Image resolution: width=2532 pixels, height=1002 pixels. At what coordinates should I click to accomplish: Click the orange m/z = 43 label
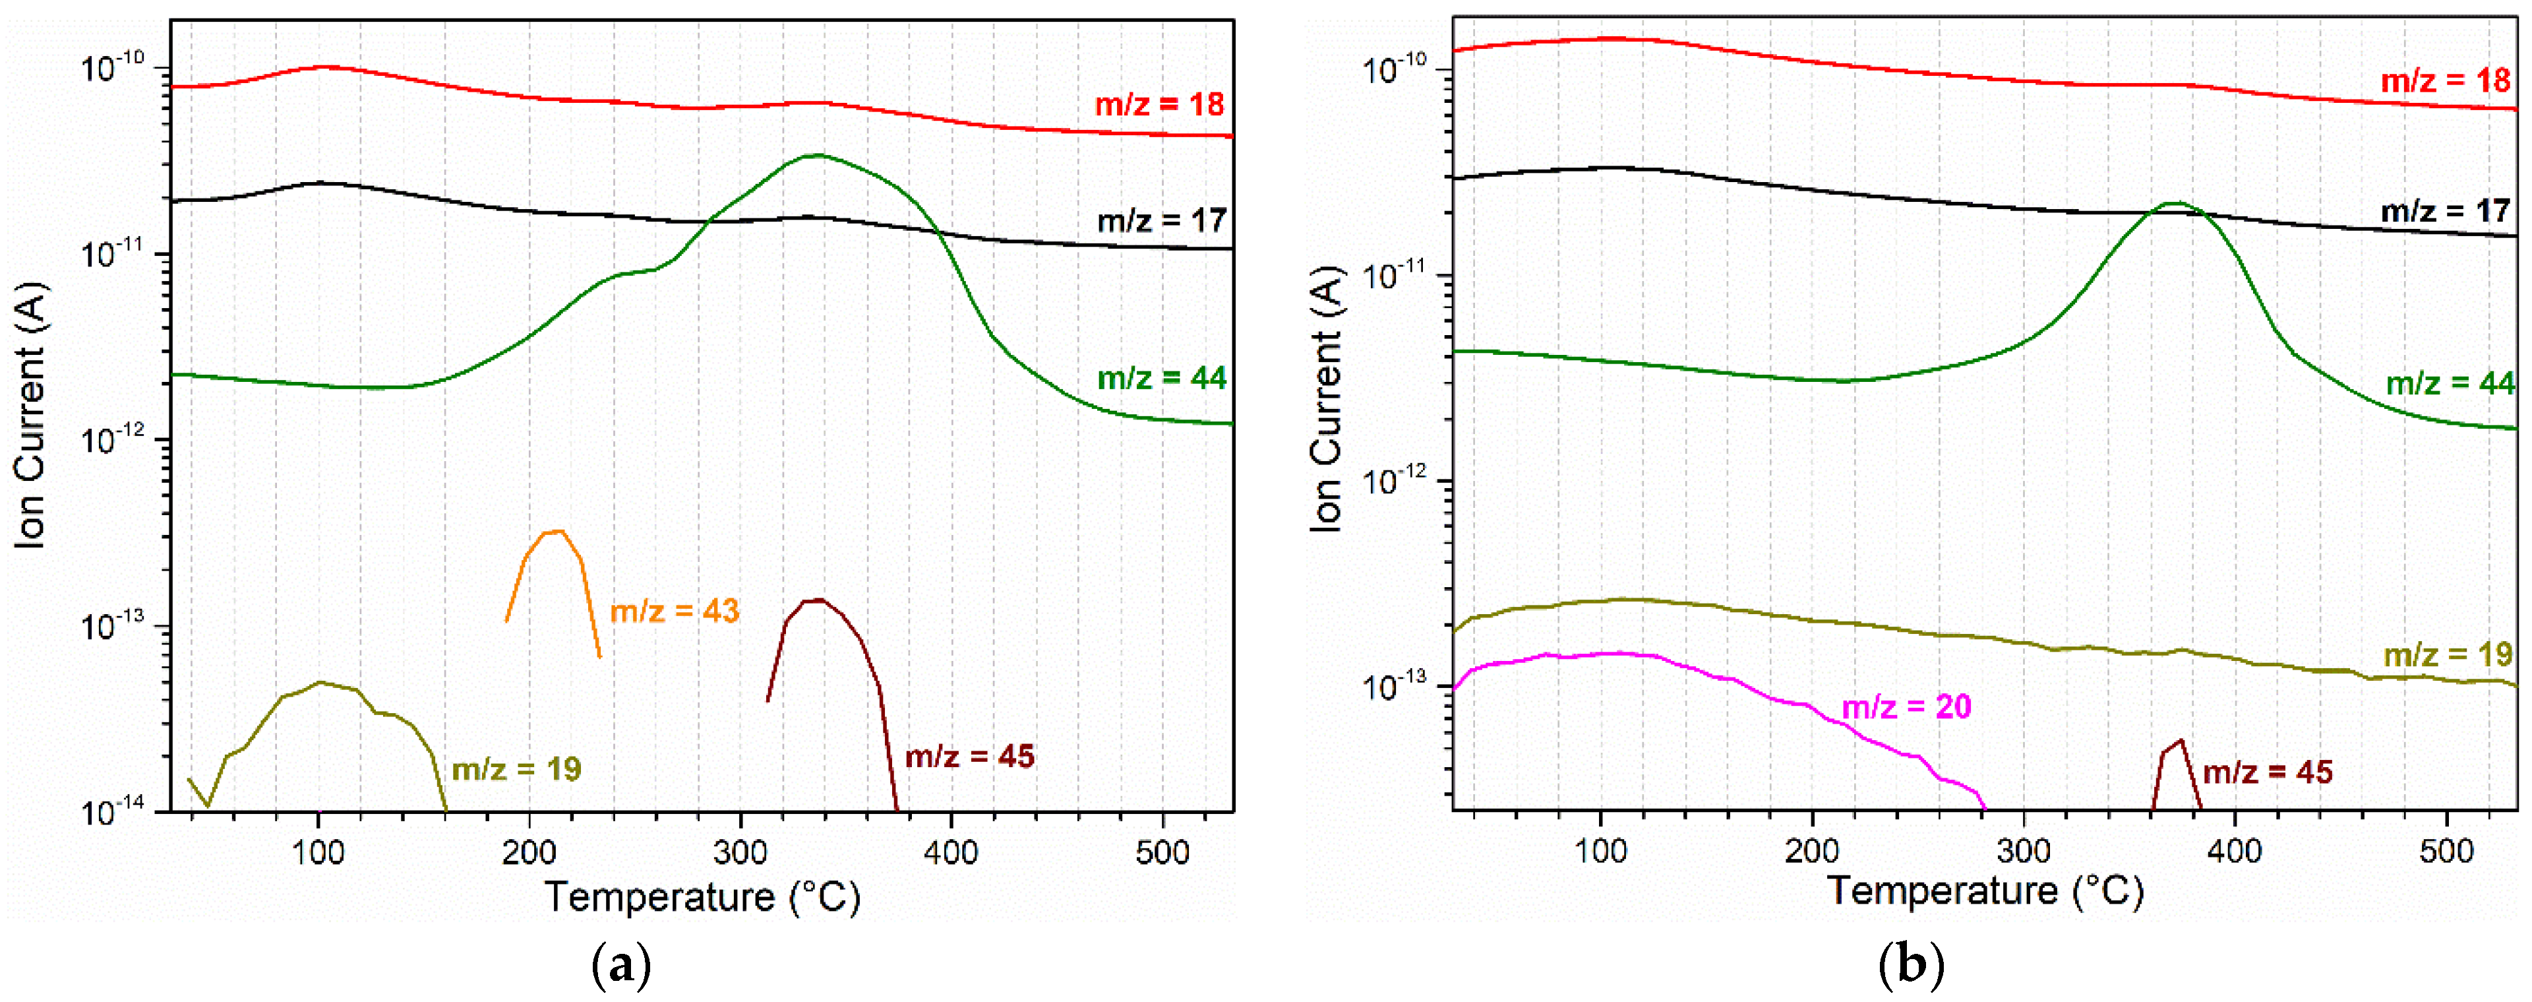[x=675, y=611]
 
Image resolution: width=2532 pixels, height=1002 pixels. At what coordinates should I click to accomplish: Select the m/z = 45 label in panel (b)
[x=2268, y=772]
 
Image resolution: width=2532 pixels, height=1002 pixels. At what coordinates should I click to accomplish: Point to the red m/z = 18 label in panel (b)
[x=2446, y=80]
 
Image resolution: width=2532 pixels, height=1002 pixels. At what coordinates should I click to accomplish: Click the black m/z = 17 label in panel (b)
[x=2446, y=210]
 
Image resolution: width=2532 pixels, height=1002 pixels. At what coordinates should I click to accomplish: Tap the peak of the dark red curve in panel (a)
[x=818, y=600]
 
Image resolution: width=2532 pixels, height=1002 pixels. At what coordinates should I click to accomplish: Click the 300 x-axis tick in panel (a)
[x=740, y=852]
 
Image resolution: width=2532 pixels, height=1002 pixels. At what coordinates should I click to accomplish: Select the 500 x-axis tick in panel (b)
[x=2446, y=850]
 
